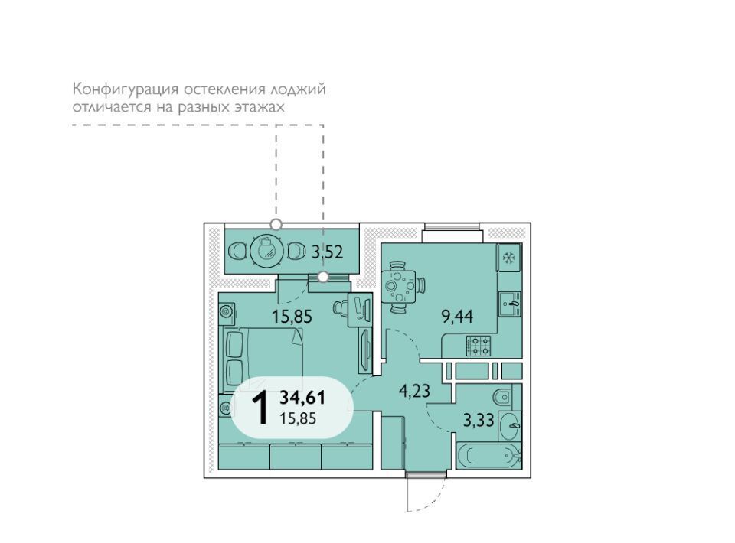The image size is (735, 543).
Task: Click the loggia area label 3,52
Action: click(x=328, y=253)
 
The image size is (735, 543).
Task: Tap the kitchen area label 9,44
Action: click(x=458, y=317)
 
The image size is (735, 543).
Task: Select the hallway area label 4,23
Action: click(x=414, y=390)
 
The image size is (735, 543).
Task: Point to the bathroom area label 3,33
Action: click(x=478, y=420)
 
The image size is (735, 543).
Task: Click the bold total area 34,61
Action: click(x=302, y=398)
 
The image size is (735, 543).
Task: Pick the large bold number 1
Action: click(x=260, y=408)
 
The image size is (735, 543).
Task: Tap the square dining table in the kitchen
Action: click(x=400, y=286)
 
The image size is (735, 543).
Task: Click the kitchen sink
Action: click(x=510, y=304)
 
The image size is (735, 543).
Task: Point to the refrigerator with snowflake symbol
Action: click(x=508, y=257)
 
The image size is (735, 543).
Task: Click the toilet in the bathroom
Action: click(x=503, y=398)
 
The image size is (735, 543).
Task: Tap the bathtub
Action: click(x=489, y=455)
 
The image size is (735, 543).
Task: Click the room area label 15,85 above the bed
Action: click(x=292, y=317)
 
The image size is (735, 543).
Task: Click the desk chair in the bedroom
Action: click(x=339, y=307)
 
